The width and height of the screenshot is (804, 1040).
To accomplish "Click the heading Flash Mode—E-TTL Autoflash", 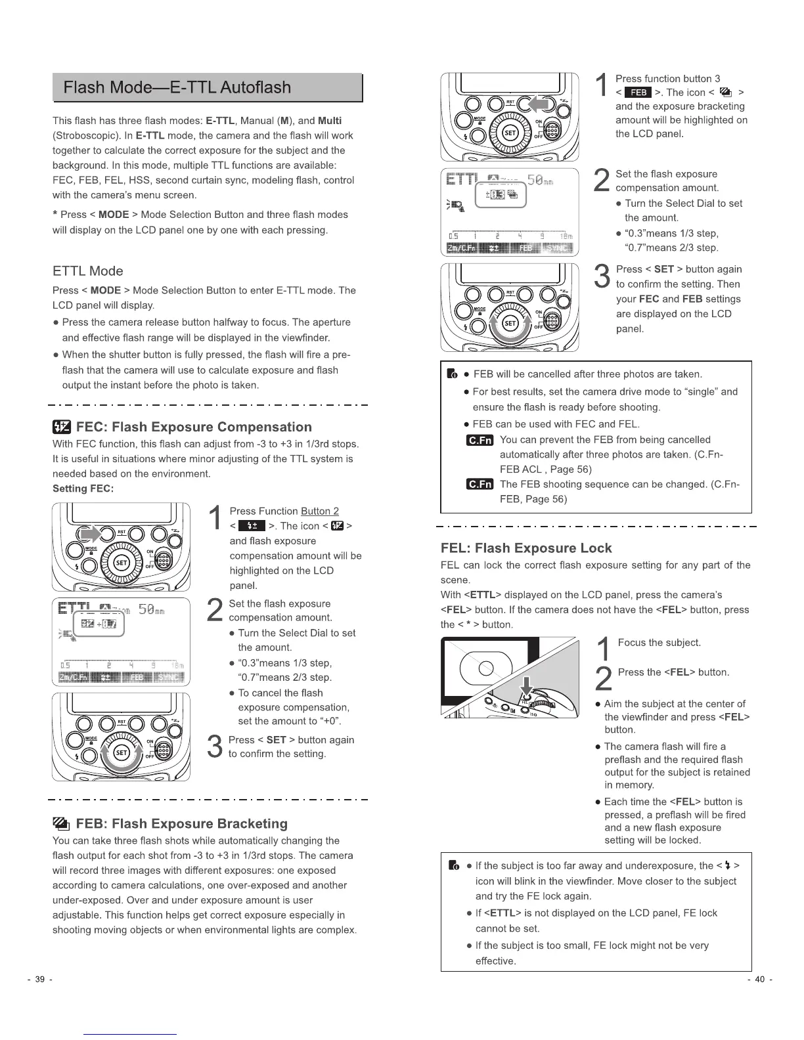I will [177, 87].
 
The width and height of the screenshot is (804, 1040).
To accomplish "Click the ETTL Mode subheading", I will [87, 271].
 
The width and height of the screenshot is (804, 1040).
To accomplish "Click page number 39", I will [39, 980].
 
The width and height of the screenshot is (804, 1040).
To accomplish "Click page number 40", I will [760, 980].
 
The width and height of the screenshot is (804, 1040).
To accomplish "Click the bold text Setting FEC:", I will [83, 488].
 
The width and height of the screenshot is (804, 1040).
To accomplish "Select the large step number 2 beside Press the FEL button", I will [604, 678].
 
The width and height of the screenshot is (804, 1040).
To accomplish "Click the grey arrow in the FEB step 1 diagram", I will [541, 104].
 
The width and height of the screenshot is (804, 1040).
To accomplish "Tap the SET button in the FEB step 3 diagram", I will [510, 323].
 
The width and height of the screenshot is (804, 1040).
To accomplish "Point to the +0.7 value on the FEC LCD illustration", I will [106, 624].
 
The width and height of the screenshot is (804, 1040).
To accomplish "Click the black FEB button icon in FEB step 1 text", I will [638, 93].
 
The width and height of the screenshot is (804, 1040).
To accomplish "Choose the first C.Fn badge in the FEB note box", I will [480, 440].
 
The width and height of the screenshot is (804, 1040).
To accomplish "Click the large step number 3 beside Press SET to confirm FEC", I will [213, 747].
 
